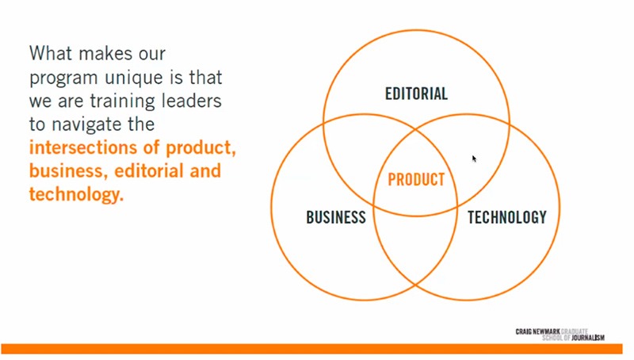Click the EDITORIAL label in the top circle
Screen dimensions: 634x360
[417, 94]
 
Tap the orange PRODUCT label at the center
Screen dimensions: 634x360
[417, 179]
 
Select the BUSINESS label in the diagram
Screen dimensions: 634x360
[336, 217]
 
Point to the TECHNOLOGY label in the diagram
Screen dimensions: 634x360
[507, 217]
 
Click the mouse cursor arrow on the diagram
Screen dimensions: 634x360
[474, 159]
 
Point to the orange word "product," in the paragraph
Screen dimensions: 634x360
[201, 148]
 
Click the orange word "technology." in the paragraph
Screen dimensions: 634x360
[76, 194]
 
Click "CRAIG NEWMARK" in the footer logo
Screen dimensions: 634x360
[538, 331]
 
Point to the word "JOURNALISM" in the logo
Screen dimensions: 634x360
[588, 338]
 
